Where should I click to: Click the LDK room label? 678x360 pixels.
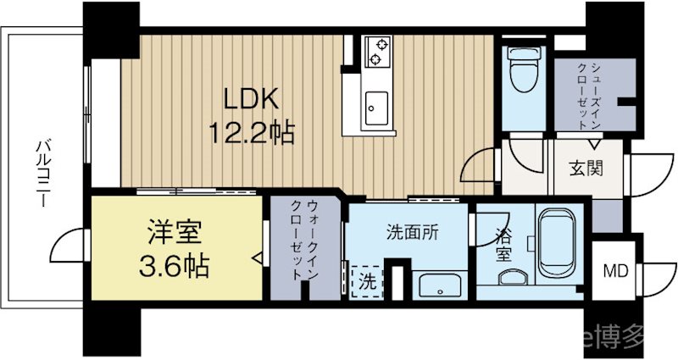250,101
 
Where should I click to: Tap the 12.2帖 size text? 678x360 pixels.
251,133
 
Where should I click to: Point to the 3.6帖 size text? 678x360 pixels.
173,267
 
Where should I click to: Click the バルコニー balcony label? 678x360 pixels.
42,169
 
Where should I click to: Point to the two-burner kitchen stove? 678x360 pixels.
375,52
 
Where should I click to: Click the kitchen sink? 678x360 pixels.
373,108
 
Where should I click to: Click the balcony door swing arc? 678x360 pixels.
68,246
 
